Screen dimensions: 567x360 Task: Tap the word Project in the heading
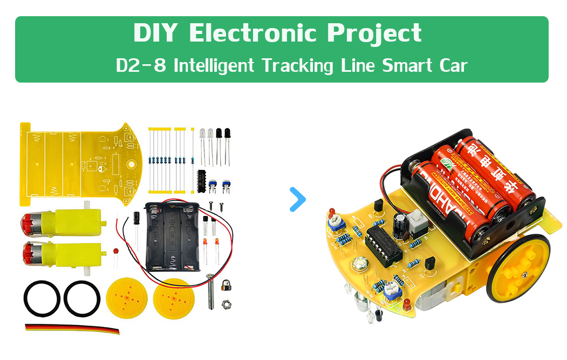(x=374, y=33)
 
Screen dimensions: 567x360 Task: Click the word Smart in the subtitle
(x=404, y=66)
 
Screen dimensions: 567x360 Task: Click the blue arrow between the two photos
(x=297, y=199)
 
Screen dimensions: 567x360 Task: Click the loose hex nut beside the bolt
(x=228, y=304)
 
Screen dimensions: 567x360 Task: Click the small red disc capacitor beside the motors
(x=115, y=252)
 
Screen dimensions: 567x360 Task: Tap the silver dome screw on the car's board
(x=360, y=266)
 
